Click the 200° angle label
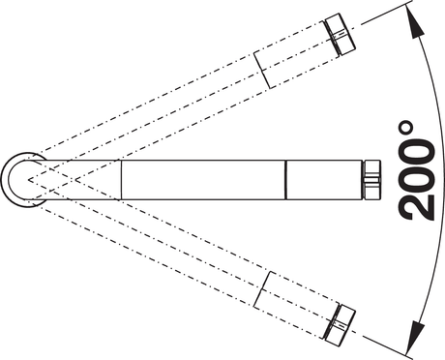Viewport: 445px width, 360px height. point(415,171)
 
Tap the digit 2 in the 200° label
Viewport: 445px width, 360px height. point(416,207)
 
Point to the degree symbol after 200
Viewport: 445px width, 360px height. point(405,128)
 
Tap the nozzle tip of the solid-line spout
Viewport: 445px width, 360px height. point(371,180)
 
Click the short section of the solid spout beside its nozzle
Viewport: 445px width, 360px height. point(323,180)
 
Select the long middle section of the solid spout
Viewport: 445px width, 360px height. point(203,180)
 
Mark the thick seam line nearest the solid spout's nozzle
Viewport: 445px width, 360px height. point(285,180)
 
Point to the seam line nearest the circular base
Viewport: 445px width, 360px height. point(121,180)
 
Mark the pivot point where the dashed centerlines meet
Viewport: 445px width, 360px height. point(28,180)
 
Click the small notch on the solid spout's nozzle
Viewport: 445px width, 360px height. point(371,180)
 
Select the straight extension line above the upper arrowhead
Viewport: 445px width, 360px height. point(387,13)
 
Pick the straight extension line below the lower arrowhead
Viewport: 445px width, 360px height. point(387,347)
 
